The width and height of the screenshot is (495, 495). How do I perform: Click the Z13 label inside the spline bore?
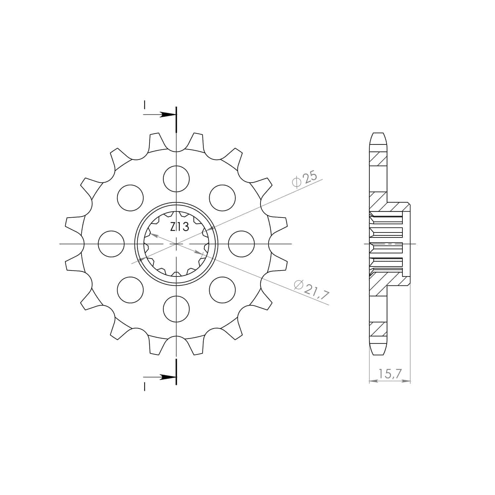(x=180, y=227)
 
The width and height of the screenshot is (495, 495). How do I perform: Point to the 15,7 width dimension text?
(x=390, y=374)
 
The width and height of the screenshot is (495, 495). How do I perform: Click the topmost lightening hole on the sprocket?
(x=176, y=179)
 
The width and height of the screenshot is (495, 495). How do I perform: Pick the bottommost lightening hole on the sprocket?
(x=176, y=309)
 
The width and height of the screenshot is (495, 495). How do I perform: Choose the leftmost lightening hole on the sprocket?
(x=111, y=244)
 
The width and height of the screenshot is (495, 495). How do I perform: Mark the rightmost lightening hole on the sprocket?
(x=241, y=244)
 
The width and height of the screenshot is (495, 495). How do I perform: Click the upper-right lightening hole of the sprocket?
(x=222, y=198)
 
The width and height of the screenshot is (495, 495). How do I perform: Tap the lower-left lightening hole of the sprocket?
(x=130, y=290)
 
